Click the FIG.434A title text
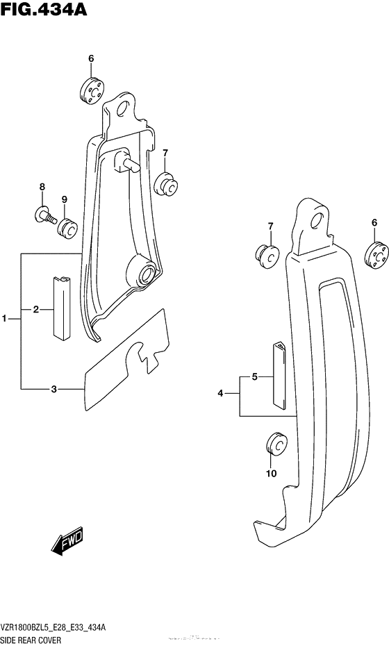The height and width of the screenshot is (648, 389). pos(43,10)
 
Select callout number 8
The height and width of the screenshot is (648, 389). pos(42,187)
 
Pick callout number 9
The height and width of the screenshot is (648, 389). pos(65,200)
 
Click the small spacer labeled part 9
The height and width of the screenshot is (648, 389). pos(68,228)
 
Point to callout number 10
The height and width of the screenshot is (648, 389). pos(271,474)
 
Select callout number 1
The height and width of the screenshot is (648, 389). pos(5,319)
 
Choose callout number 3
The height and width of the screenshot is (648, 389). pos(53,389)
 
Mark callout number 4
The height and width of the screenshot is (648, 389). pos(220,394)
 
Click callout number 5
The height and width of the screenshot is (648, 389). pos(254,377)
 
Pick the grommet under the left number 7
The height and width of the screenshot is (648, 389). pos(166,185)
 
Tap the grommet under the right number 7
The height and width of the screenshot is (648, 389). pos(269,255)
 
